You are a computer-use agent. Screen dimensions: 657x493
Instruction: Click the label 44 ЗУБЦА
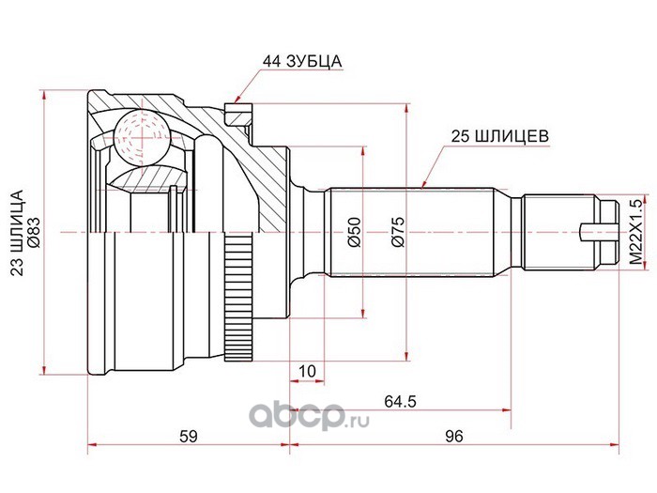point(301,62)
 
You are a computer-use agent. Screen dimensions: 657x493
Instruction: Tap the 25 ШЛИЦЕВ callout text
point(499,136)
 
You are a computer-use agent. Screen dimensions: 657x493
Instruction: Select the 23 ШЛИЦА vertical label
point(18,233)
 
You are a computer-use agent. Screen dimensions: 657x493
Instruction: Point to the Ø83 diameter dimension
point(34,233)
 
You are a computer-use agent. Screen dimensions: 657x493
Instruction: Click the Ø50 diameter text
point(354,232)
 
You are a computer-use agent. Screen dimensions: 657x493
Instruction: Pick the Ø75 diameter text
point(398,232)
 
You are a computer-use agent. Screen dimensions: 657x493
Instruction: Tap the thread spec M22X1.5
point(635,232)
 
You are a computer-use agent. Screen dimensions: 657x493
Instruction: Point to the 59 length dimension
point(188,437)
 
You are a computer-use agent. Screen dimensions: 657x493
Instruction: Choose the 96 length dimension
point(454,437)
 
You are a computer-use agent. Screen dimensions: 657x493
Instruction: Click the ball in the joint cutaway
point(143,137)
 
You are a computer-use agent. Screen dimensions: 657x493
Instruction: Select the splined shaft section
point(411,232)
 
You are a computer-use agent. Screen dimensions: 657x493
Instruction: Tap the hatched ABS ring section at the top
point(239,115)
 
